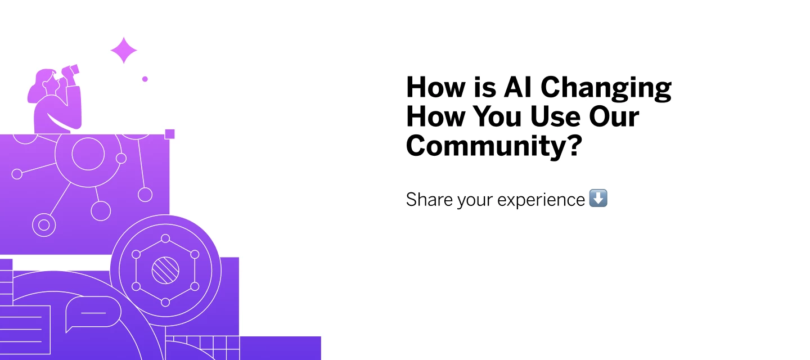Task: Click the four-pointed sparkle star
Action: coord(124,51)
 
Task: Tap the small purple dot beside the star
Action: coord(145,79)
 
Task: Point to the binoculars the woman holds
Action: coord(70,71)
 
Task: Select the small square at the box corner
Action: coord(169,134)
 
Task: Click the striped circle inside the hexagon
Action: coord(165,271)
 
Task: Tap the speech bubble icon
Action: coord(93,313)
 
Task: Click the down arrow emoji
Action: coord(598,199)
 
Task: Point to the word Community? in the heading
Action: coord(493,146)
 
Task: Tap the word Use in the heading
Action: coord(552,116)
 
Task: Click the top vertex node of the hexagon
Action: coord(165,238)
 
